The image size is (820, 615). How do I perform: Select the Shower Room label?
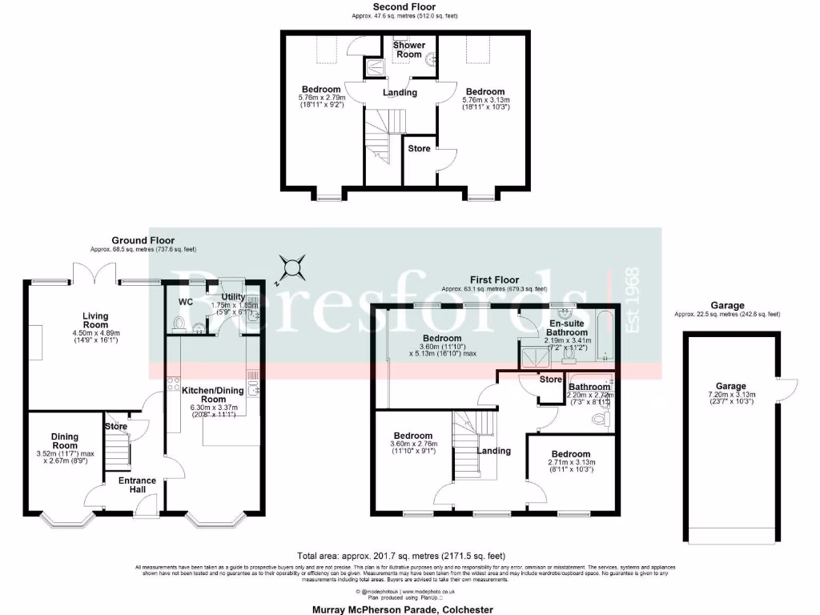pos(408,49)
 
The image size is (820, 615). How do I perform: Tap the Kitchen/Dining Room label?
pos(213,393)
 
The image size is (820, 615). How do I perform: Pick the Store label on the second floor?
pos(419,148)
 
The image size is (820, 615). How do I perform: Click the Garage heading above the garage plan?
pos(727,305)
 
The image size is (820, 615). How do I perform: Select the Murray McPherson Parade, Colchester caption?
pos(402,609)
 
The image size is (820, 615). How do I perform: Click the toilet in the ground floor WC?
pos(179,325)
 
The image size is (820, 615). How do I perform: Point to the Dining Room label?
pos(65,440)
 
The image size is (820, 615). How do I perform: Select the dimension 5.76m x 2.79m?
pos(320,98)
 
